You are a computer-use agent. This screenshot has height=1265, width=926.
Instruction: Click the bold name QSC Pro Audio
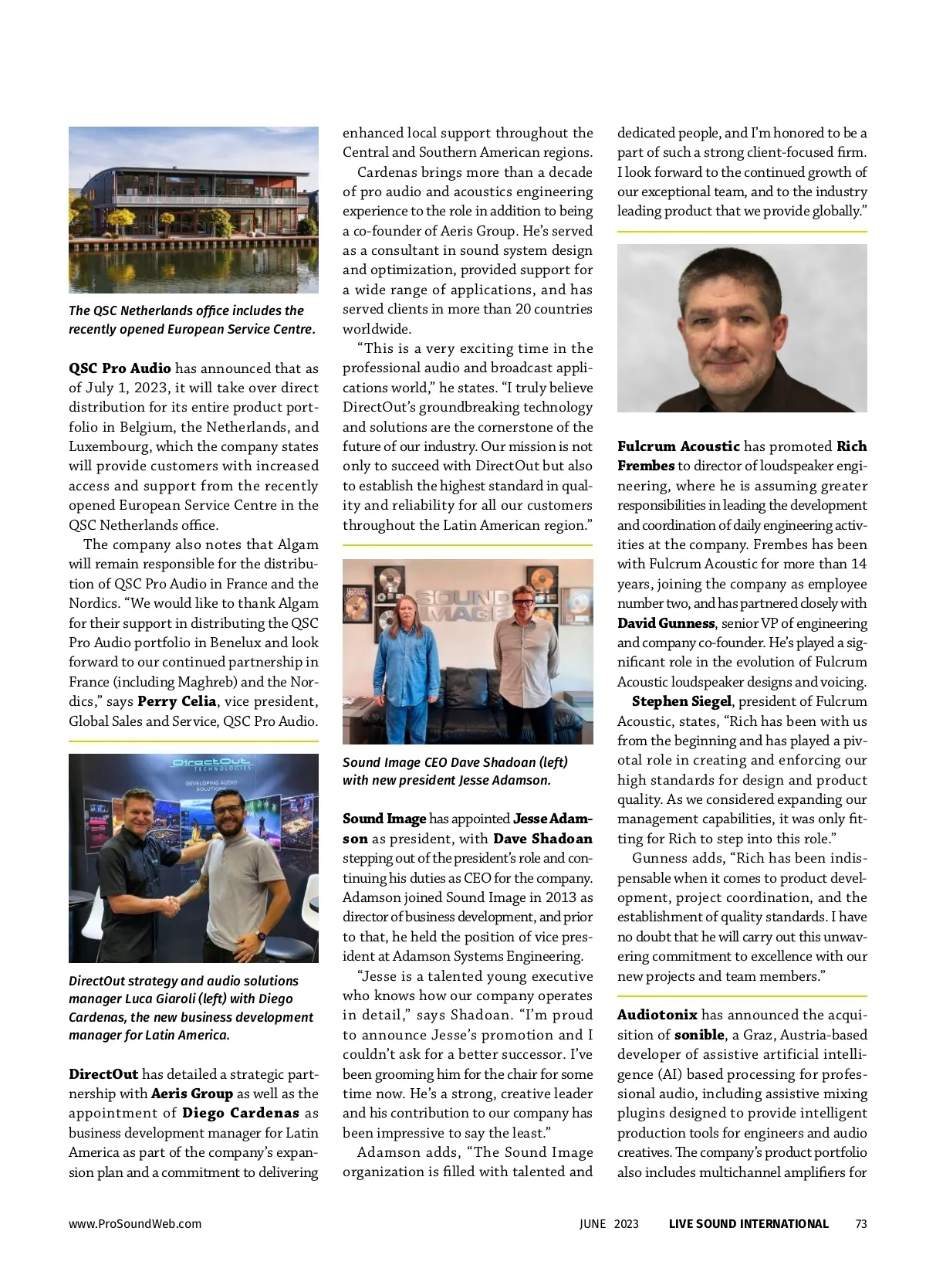click(x=120, y=368)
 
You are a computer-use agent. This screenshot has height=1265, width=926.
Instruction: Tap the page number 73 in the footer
click(x=861, y=1223)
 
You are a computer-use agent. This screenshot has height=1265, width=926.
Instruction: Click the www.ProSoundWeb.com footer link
click(x=135, y=1223)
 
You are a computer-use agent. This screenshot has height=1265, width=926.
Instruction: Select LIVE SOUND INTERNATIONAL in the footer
click(x=748, y=1223)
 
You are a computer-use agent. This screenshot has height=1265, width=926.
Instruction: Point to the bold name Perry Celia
click(x=177, y=701)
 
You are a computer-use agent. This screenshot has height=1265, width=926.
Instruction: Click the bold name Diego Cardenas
click(x=240, y=1113)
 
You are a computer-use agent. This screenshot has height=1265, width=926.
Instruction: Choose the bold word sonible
click(x=699, y=1035)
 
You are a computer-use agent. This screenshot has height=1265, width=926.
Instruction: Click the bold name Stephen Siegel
click(x=681, y=701)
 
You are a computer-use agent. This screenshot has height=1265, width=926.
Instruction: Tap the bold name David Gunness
click(x=666, y=623)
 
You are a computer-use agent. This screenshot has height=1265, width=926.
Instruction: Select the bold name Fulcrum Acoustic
click(x=678, y=446)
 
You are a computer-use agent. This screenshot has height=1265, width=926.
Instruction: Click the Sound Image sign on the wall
click(x=463, y=605)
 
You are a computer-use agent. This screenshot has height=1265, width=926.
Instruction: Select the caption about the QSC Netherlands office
click(x=191, y=320)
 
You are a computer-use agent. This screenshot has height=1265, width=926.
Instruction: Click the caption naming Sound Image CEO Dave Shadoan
click(x=455, y=771)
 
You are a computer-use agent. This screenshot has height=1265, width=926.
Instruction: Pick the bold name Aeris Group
click(x=192, y=1094)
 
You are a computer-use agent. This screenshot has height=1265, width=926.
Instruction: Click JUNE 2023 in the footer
click(x=609, y=1223)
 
